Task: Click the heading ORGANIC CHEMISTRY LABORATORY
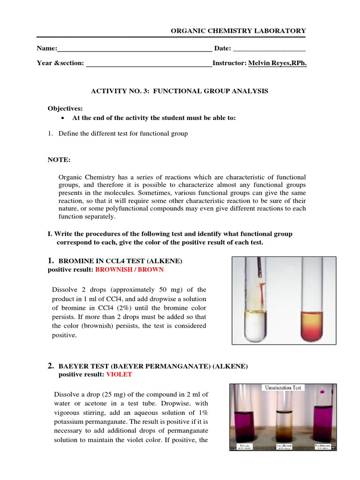238,30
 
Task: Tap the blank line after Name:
135,49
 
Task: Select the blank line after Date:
269,49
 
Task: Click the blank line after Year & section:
148,63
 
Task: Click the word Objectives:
65,108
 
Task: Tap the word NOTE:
59,160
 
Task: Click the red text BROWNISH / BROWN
129,270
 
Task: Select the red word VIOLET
119,375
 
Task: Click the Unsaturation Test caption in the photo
283,388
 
